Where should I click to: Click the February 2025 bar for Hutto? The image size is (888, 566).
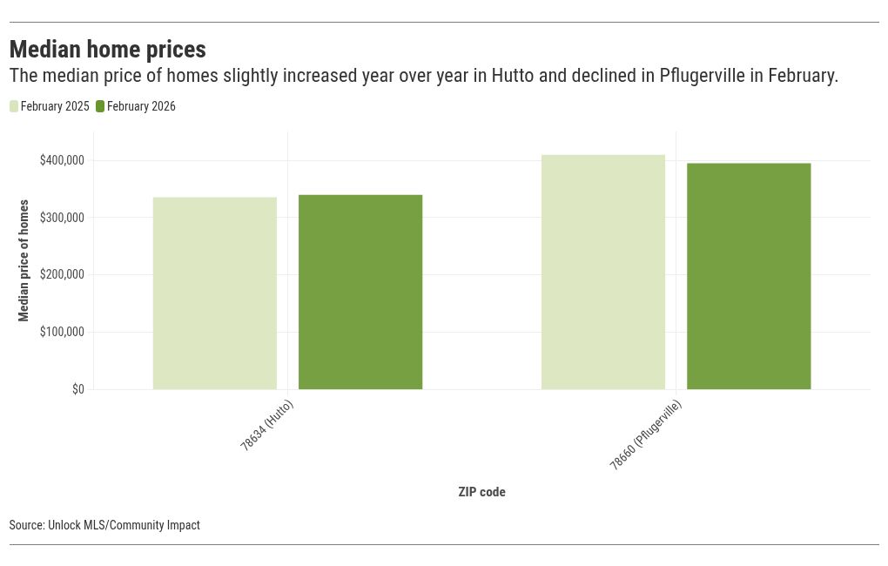(x=214, y=293)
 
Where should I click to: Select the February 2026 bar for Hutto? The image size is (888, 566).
(x=360, y=292)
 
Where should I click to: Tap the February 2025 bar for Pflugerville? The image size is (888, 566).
(x=602, y=272)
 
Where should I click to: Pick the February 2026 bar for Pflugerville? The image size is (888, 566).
(x=749, y=276)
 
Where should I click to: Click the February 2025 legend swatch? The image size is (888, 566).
(x=14, y=106)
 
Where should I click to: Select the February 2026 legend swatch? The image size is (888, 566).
(x=100, y=106)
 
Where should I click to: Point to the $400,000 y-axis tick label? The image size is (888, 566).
(x=62, y=160)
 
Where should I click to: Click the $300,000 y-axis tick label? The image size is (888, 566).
(x=62, y=218)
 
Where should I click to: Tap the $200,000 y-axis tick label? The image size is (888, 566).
(x=62, y=274)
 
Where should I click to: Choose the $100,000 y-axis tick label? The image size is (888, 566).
(x=62, y=332)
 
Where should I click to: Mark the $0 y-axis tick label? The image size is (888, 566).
(x=78, y=389)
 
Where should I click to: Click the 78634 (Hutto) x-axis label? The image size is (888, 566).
(x=266, y=426)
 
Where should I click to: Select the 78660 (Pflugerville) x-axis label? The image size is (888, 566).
(x=645, y=435)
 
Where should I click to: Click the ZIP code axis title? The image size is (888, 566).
(x=481, y=492)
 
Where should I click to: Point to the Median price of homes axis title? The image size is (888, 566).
(x=24, y=260)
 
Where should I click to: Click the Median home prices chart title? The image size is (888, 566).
(x=108, y=48)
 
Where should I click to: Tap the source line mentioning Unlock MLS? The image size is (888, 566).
(x=104, y=525)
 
